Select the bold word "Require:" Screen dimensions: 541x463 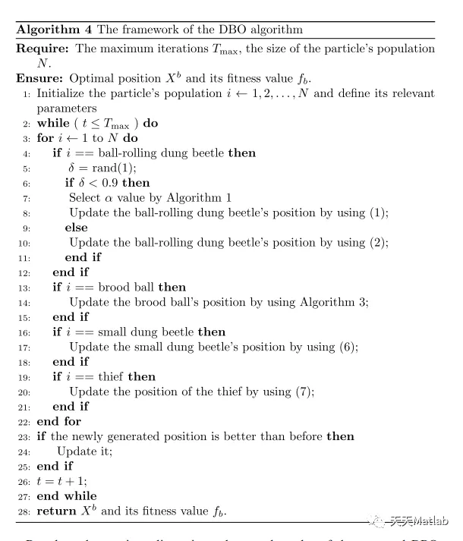pos(41,49)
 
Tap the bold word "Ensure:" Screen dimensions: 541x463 pos(39,78)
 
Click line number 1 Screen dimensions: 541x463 pos(27,93)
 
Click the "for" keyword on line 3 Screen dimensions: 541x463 pos(45,138)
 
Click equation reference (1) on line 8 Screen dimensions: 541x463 pos(379,213)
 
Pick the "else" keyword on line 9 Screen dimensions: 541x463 pos(76,228)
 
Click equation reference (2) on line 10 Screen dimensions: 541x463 pos(379,243)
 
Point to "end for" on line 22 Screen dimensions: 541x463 pos(58,421)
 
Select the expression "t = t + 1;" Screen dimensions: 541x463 pos(65,480)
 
